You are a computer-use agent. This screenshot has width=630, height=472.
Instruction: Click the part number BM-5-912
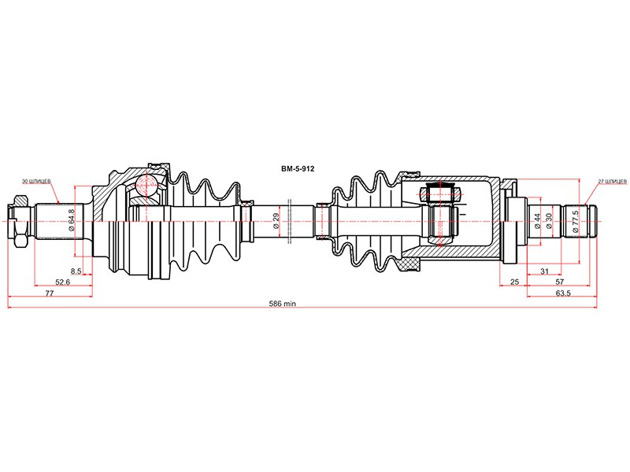pos(298,169)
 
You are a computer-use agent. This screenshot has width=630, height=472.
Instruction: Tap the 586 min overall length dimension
pos(282,304)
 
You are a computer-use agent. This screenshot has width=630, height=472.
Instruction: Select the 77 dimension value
pos(49,293)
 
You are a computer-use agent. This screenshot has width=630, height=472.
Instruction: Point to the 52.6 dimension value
pos(63,282)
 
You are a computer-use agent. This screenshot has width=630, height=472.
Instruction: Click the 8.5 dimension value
pos(76,271)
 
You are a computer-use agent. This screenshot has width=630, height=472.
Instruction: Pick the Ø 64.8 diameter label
pos(72,220)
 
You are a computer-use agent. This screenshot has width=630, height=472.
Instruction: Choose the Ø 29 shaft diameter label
pos(276,221)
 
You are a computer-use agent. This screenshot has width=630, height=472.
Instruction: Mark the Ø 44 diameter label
pos(537,221)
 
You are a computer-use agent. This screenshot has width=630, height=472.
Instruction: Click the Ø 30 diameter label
pos(549,221)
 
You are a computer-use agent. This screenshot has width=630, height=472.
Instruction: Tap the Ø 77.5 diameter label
pos(576,221)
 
